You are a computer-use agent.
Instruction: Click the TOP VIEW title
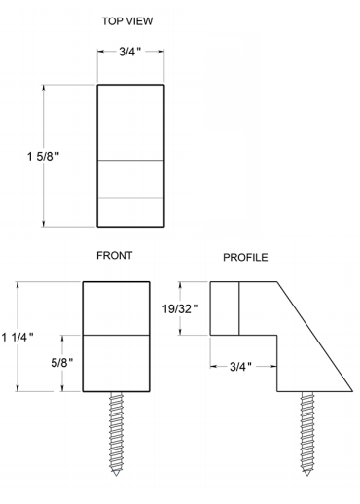tap(127, 21)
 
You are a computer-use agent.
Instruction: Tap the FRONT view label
tap(115, 256)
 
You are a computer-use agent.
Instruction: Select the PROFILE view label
tap(245, 258)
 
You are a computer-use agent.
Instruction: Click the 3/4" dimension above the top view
tap(130, 52)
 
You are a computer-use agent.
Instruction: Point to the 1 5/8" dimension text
tap(43, 157)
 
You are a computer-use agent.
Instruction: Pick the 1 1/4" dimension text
tap(18, 338)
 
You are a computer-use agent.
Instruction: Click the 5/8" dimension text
tap(62, 363)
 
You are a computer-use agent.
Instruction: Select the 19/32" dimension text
tap(180, 309)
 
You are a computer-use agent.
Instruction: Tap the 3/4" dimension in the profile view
tap(240, 367)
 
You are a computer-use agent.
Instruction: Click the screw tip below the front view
tap(116, 476)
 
